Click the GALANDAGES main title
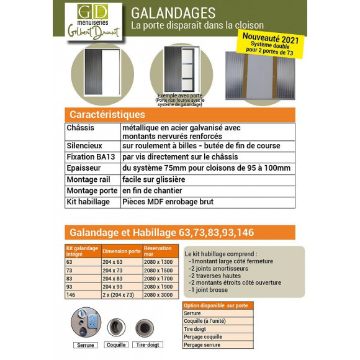pos(173,12)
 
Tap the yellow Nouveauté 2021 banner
pos(268,45)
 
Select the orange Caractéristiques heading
pos(107,115)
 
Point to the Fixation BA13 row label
pos(91,157)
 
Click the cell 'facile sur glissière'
pos(154,179)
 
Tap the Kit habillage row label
pos(88,202)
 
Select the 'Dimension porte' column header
pos(122,251)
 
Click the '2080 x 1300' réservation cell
pos(157,262)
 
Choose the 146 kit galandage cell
pos(70,295)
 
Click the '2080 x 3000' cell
pos(157,295)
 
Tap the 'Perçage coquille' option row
pos(204,337)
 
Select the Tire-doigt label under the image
pos(148,344)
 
